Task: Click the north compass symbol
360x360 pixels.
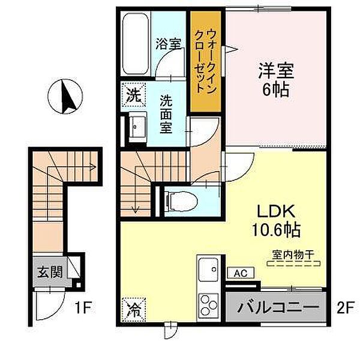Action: (65, 97)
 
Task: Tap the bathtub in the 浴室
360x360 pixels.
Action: (135, 44)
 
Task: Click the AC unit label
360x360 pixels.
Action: (241, 273)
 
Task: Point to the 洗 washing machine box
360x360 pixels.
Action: (134, 95)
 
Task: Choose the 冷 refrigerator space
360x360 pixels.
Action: (134, 310)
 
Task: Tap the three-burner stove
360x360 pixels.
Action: (208, 305)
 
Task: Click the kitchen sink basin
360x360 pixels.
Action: (208, 269)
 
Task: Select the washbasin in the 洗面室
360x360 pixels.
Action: (137, 127)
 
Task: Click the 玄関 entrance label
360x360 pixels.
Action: (50, 272)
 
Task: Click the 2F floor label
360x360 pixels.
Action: (345, 307)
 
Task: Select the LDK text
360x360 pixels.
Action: (276, 211)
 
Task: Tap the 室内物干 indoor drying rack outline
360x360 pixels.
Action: (293, 263)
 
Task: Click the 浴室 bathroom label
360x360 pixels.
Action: (168, 44)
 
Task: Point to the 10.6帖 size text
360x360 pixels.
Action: (277, 230)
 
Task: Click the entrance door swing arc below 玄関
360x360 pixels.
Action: (58, 310)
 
